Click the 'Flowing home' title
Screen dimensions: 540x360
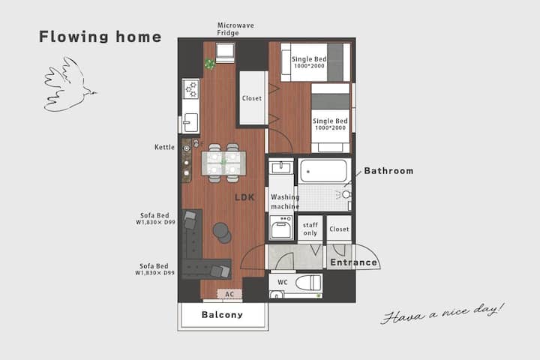[100, 37]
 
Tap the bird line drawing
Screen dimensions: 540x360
[69, 85]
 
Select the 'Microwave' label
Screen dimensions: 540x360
[235, 25]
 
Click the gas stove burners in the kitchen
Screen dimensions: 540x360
[190, 89]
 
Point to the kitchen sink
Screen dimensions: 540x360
[190, 122]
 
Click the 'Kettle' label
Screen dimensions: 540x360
[164, 147]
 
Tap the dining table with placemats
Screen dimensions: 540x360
[223, 163]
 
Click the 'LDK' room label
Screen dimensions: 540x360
[244, 197]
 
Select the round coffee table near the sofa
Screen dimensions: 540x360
[222, 232]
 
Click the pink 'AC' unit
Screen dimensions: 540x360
[229, 294]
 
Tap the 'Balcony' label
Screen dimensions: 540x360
[222, 315]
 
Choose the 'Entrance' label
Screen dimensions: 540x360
[354, 262]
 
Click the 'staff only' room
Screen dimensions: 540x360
[310, 229]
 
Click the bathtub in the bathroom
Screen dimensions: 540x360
[323, 171]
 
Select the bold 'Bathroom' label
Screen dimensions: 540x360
[388, 171]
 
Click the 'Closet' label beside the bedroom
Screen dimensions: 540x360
[252, 98]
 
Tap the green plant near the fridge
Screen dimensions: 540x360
[209, 64]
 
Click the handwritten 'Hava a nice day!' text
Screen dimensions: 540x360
[443, 313]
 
